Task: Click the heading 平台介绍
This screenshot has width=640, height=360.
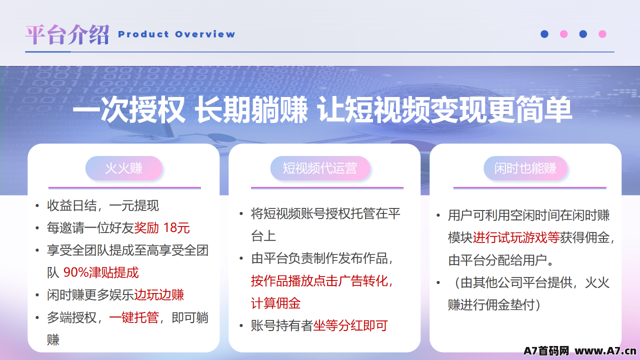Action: (x=67, y=34)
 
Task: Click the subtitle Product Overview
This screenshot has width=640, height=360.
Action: (x=176, y=34)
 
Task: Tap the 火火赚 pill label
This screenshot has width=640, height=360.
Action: (x=123, y=168)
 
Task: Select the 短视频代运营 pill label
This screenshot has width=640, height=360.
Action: (x=320, y=168)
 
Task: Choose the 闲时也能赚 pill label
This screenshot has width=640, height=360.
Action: (x=525, y=168)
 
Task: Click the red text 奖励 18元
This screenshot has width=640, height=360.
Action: (x=161, y=227)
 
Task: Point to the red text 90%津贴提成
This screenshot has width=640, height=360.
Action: (x=101, y=272)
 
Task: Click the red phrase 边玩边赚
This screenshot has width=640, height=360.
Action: (x=159, y=295)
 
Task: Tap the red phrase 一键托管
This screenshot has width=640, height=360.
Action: (x=133, y=317)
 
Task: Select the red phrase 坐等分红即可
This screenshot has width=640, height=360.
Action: (x=350, y=325)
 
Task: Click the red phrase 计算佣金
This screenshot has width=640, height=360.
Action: (x=275, y=303)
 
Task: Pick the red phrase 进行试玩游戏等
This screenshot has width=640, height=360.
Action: (x=516, y=237)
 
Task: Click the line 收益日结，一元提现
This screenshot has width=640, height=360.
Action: (x=103, y=205)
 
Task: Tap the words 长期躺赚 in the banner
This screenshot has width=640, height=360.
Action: (x=251, y=109)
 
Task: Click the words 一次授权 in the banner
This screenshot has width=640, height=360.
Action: (x=129, y=109)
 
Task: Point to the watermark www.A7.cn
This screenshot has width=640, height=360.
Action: (x=605, y=350)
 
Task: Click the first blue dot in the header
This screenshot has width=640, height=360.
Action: (x=544, y=34)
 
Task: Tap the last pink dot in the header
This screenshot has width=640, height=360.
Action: (x=602, y=34)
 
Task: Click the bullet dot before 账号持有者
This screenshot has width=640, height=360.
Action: (x=241, y=325)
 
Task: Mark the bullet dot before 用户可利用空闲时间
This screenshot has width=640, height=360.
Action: (x=438, y=215)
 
